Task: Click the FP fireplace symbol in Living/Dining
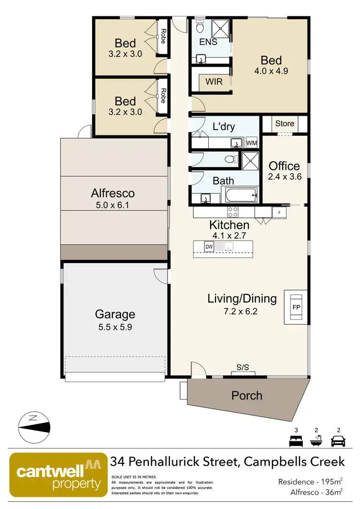tap(296, 305)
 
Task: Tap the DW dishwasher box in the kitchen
tap(209, 247)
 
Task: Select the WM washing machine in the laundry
tap(252, 143)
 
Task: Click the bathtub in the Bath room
tap(240, 194)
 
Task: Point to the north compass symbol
tap(33, 425)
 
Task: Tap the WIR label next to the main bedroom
tap(214, 82)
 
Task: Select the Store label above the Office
tap(284, 123)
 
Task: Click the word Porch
tap(247, 396)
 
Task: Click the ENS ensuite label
tap(208, 42)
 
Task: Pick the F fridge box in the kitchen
tap(279, 212)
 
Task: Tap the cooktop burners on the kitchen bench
tap(233, 211)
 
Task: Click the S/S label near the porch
tap(242, 367)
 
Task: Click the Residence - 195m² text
tap(310, 482)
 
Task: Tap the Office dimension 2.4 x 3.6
tap(284, 177)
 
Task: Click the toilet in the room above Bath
tap(230, 159)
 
